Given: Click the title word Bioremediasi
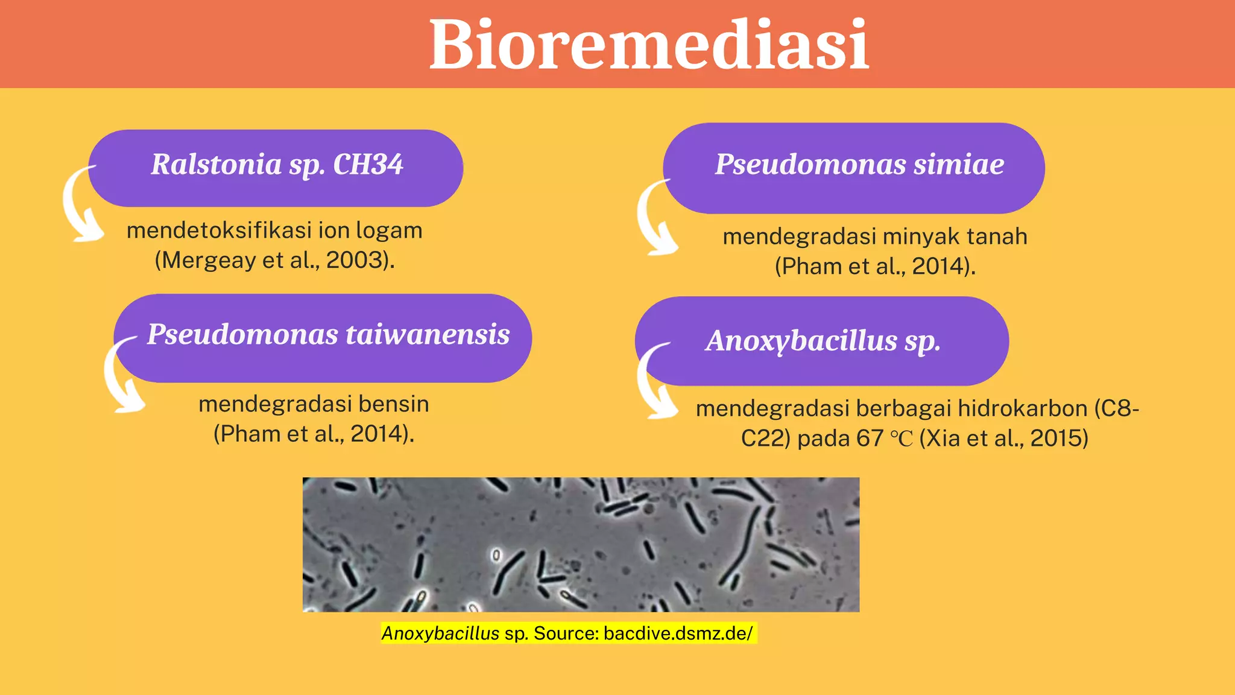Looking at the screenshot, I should click(x=649, y=45).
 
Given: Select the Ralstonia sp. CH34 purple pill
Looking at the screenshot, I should click(x=276, y=168).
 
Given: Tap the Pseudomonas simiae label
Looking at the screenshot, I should click(x=859, y=165).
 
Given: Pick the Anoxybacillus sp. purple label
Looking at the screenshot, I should click(x=823, y=341).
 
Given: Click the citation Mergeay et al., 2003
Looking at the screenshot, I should click(x=274, y=260).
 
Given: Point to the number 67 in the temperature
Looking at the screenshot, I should click(x=870, y=438).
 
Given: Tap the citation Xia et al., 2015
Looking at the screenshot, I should click(x=1003, y=438).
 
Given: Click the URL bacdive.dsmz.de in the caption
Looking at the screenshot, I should click(x=677, y=633).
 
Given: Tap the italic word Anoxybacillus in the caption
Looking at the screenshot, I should click(x=440, y=633).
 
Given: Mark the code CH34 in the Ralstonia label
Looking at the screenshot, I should click(x=368, y=165).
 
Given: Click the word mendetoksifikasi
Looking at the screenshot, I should click(x=220, y=230).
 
